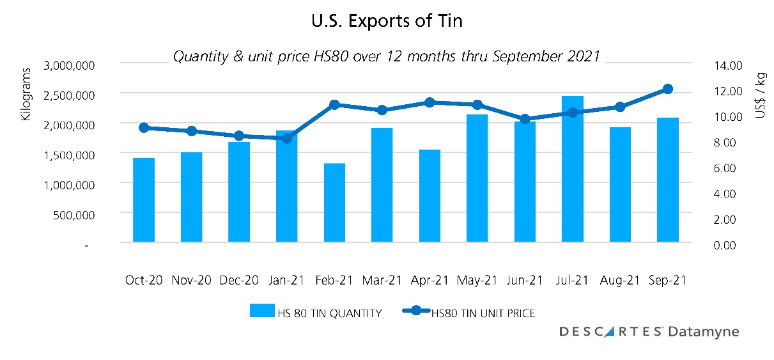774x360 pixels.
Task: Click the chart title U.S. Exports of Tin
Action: tap(387, 20)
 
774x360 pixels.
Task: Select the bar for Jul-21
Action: tap(573, 169)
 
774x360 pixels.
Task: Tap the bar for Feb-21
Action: tap(334, 203)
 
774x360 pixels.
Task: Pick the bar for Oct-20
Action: tap(144, 200)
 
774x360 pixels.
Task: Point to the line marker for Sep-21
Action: tap(667, 89)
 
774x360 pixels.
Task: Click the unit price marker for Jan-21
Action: tap(287, 138)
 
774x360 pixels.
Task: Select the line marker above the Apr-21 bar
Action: tap(430, 102)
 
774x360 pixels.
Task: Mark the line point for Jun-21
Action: tap(525, 119)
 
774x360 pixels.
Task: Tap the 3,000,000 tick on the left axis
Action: tap(70, 65)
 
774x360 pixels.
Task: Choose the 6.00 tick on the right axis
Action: tap(729, 168)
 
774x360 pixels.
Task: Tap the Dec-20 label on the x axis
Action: tap(240, 280)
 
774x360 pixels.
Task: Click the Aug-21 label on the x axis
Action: tap(620, 280)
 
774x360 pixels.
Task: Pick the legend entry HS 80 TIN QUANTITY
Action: tap(316, 313)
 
